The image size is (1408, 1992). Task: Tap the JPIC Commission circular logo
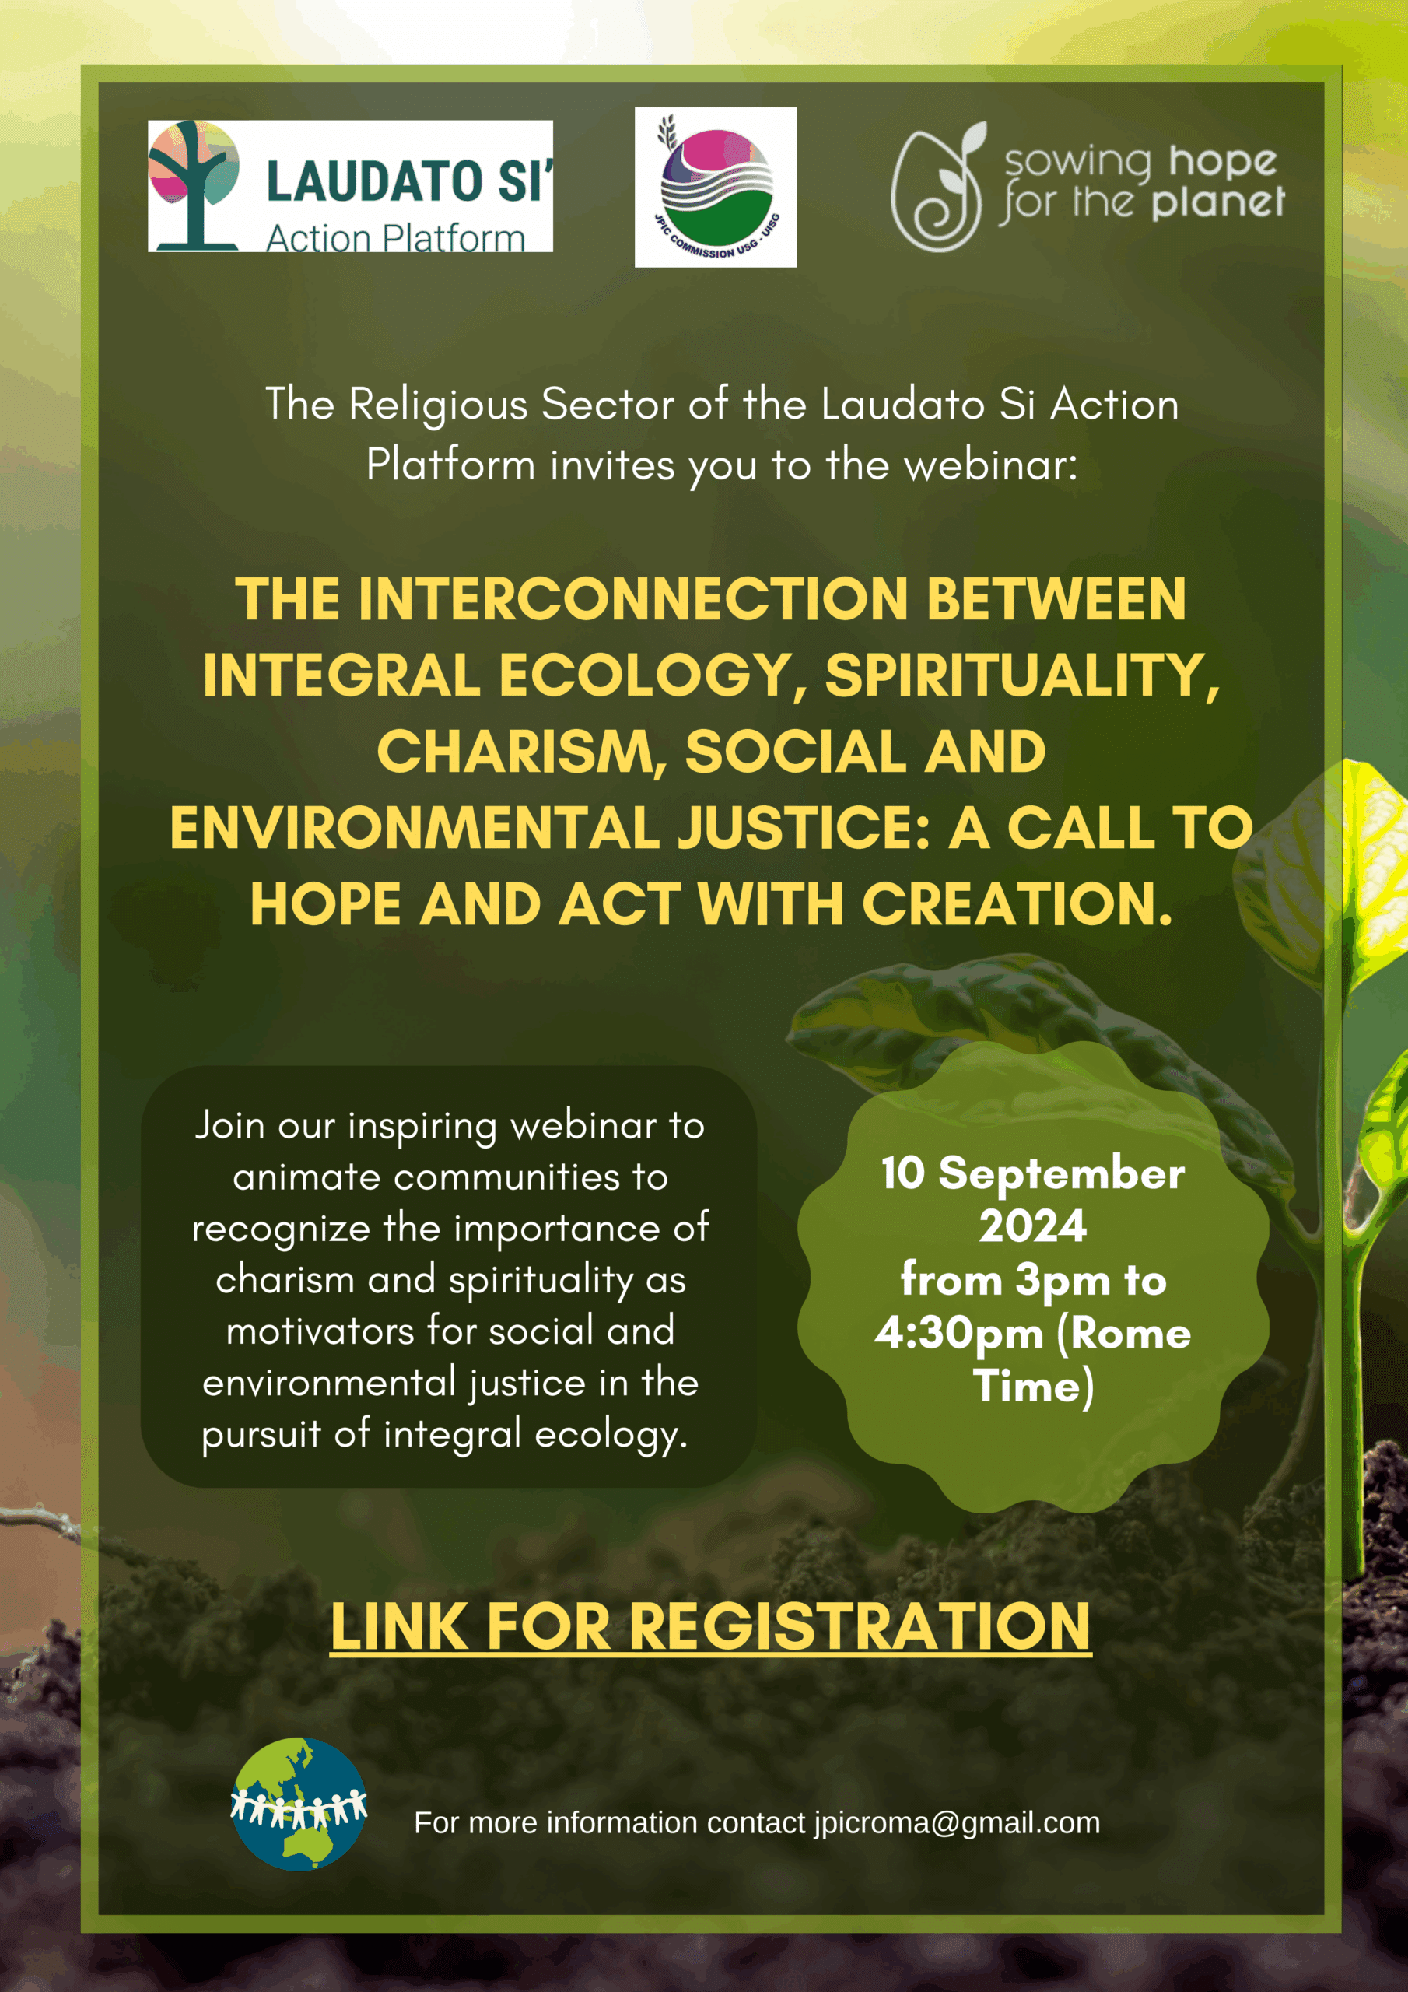tap(716, 188)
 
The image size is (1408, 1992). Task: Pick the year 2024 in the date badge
tap(1032, 1226)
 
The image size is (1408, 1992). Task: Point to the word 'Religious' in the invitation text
tap(438, 405)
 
